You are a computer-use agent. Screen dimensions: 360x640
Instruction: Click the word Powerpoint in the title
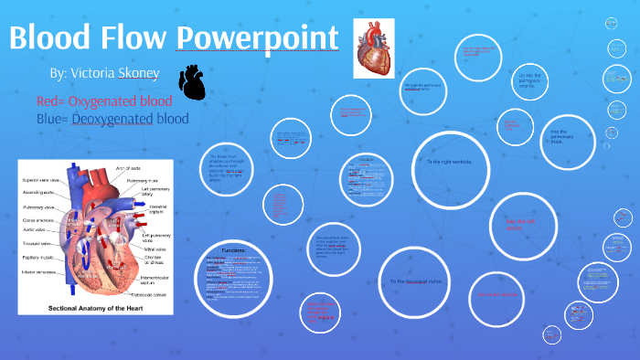(x=257, y=39)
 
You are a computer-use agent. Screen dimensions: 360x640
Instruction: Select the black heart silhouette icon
(x=193, y=81)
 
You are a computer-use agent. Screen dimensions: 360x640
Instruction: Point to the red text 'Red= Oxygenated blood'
(x=105, y=101)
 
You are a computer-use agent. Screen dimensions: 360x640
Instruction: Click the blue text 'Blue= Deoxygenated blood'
(x=112, y=119)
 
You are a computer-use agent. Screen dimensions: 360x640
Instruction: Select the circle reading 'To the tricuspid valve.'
(x=416, y=281)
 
